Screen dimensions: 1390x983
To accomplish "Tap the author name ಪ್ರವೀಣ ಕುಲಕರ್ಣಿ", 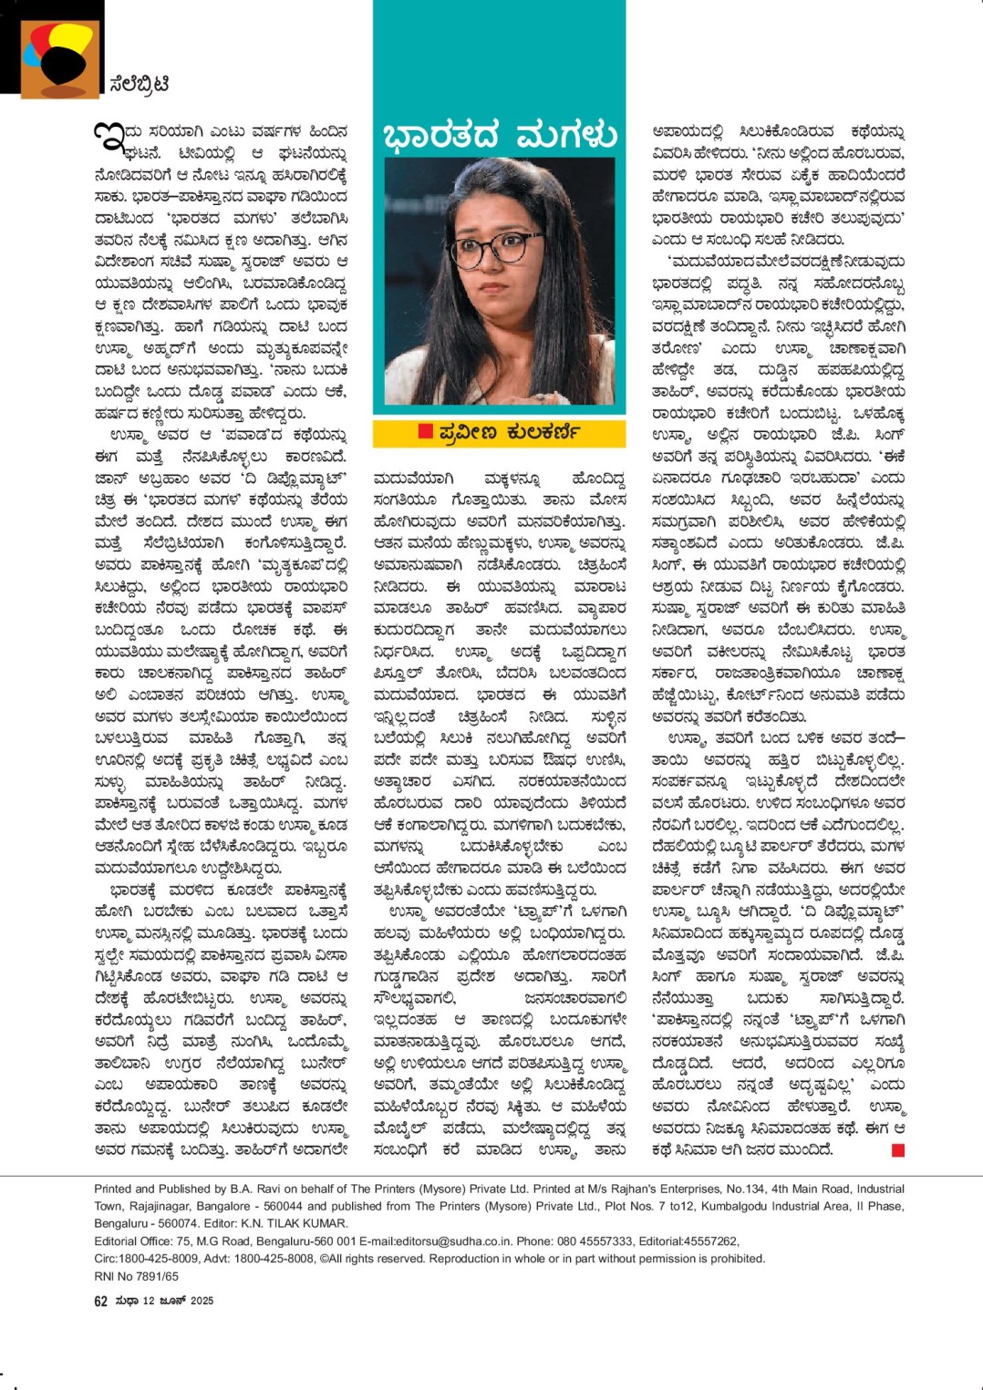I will [x=508, y=431].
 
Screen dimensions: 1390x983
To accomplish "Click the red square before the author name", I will [x=425, y=431].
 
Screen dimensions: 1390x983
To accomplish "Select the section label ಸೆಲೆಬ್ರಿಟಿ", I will [x=139, y=84].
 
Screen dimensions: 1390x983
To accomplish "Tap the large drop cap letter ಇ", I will [x=108, y=138].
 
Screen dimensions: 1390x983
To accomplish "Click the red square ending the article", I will [x=898, y=1151].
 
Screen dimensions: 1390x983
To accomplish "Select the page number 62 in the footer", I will [x=100, y=1301].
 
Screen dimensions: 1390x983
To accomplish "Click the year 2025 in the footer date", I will [x=202, y=1301].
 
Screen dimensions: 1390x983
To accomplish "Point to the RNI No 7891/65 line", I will [x=137, y=1276].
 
